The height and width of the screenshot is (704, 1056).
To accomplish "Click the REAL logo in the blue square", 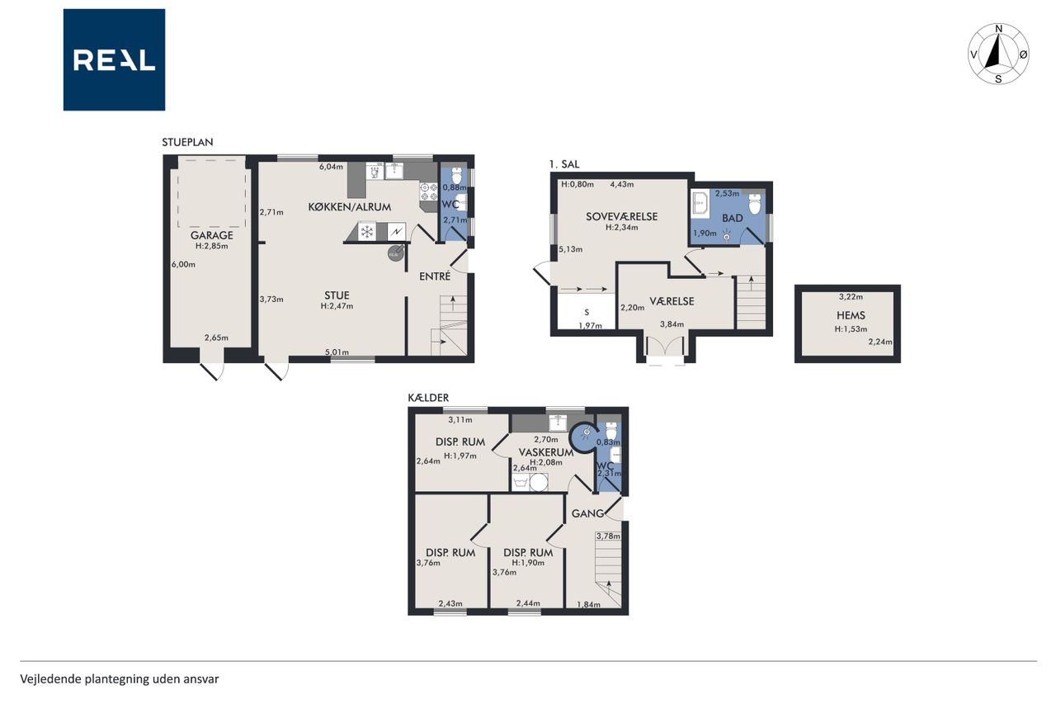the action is point(114,60).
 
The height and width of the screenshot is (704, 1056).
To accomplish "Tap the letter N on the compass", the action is point(998,29).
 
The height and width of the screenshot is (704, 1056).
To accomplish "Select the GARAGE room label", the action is point(212,235).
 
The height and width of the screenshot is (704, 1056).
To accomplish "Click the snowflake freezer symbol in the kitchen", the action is point(367,232).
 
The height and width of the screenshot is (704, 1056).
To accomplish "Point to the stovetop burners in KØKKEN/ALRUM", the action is point(428,191).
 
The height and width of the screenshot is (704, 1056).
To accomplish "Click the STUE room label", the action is point(337,295).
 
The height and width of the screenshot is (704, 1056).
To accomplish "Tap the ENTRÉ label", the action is point(435,276).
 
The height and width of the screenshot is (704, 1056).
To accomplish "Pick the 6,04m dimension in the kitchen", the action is point(331,167).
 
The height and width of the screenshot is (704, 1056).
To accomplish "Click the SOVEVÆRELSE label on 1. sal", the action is point(621,216).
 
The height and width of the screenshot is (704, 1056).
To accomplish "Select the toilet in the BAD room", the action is point(755,205).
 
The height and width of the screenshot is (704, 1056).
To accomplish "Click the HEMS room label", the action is point(851,315).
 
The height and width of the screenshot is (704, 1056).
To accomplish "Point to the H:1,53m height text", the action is point(851,329).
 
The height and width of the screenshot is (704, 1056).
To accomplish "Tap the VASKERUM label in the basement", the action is point(546,452).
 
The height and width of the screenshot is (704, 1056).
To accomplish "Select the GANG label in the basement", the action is point(587,513).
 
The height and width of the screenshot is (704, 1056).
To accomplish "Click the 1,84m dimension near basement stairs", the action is point(589,604).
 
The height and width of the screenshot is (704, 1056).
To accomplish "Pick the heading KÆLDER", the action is point(428,398).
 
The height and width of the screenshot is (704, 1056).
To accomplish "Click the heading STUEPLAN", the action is point(187,142).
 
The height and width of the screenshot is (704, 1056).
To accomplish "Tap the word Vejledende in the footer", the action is point(50,679).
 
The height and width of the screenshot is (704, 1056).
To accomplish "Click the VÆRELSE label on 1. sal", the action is point(672,301).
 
